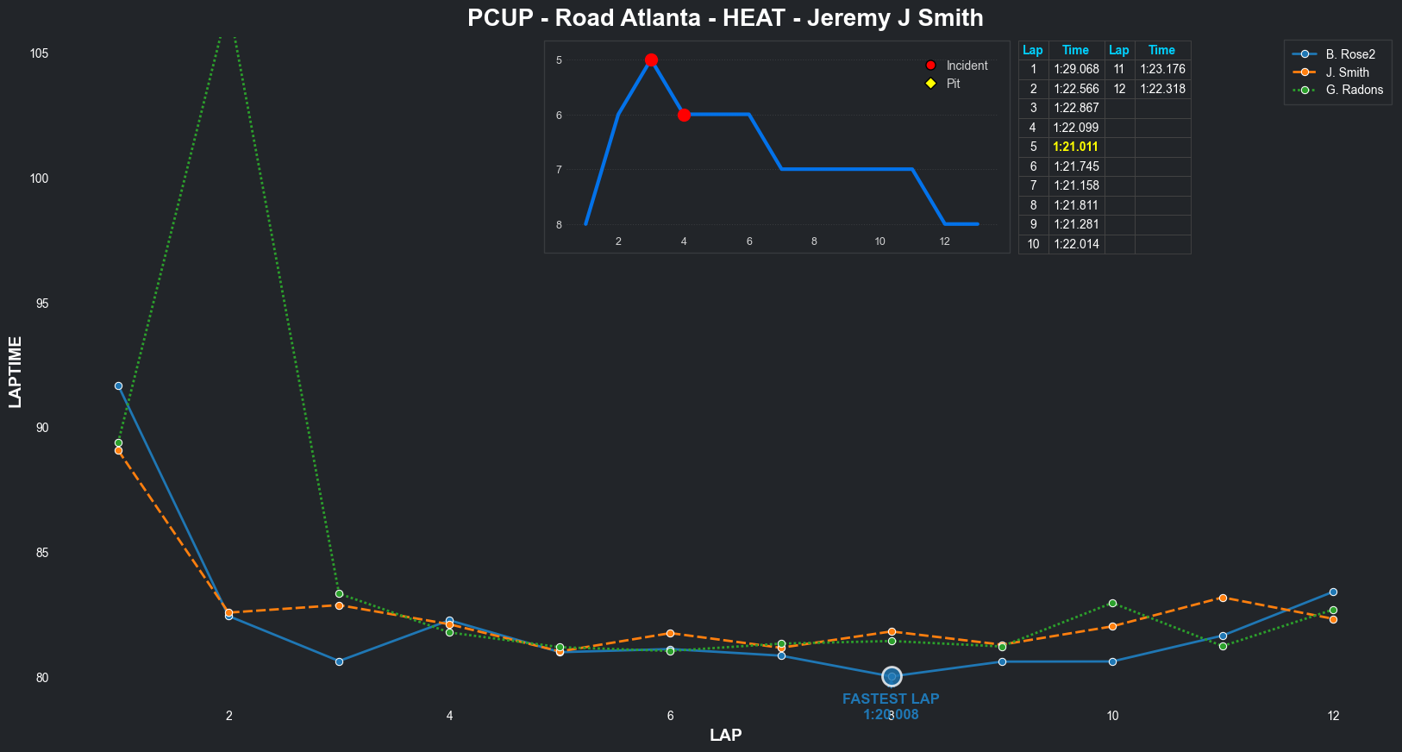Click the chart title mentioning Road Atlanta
[725, 18]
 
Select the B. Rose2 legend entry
[1350, 54]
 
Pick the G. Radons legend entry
[1354, 90]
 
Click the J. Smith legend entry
[1347, 72]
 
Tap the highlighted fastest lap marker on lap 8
[892, 677]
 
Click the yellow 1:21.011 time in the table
[1075, 147]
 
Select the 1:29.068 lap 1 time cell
[1076, 69]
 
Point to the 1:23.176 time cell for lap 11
[1162, 69]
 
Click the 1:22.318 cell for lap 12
[1162, 89]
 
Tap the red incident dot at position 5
[651, 60]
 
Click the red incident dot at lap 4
[684, 115]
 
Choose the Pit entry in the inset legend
[953, 84]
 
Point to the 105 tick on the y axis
[39, 53]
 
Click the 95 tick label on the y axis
[39, 304]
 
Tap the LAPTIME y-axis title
[16, 372]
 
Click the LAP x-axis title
[725, 735]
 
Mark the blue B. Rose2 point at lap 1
[118, 385]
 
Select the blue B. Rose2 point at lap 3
[339, 661]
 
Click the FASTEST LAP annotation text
[891, 699]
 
